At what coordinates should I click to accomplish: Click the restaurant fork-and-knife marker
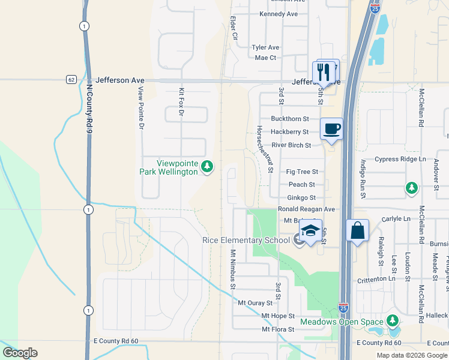tap(325, 72)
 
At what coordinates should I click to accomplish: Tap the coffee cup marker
tap(331, 128)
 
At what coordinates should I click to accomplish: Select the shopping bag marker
tap(358, 231)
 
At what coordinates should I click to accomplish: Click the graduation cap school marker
tap(310, 231)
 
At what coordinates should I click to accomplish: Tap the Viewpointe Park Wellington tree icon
tap(207, 166)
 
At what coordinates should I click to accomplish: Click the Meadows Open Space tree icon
tap(393, 321)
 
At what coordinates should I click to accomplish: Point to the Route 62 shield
tap(71, 79)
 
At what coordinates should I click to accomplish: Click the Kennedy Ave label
tap(279, 14)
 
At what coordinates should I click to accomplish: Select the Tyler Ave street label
tap(266, 47)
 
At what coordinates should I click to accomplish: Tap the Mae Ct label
tap(265, 58)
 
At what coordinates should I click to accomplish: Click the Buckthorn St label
tap(290, 119)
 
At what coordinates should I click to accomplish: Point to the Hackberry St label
tap(290, 132)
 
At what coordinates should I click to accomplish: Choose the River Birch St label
tap(291, 145)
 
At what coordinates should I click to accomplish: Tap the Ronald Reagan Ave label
tap(306, 209)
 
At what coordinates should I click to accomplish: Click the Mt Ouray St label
tap(255, 302)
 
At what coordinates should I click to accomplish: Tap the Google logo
tap(20, 352)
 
